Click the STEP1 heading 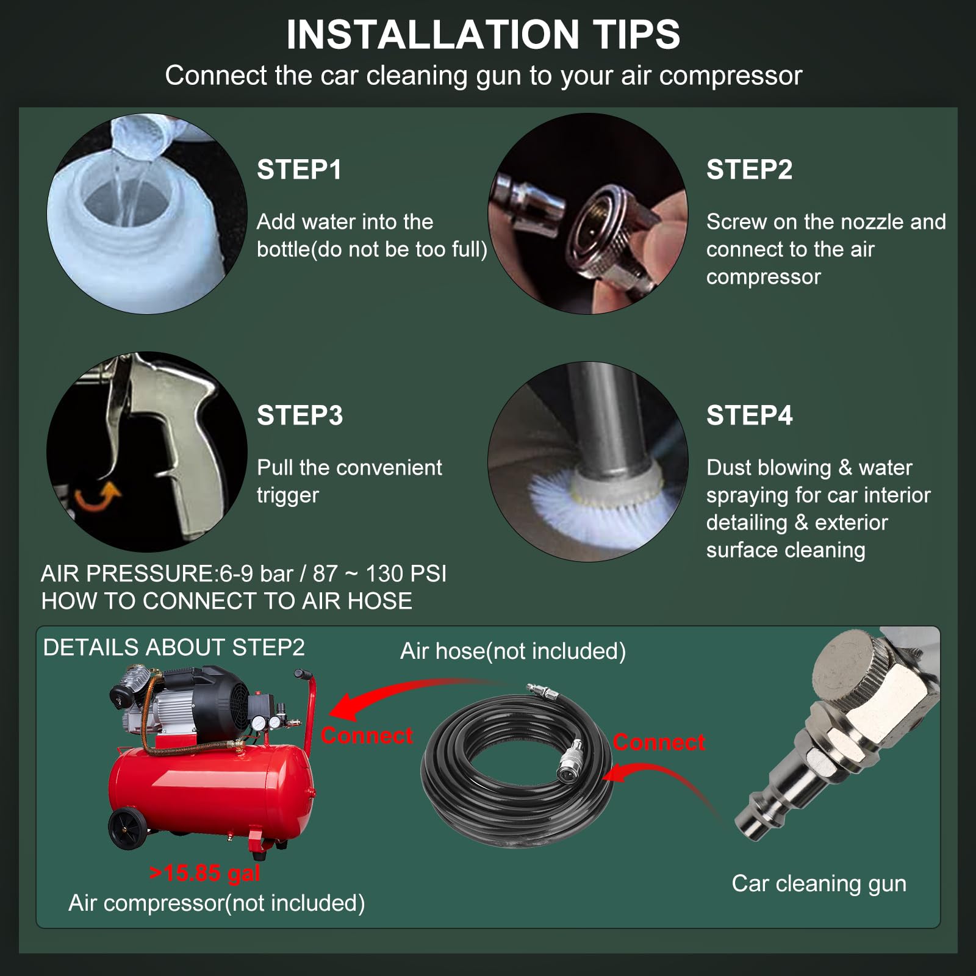click(x=299, y=170)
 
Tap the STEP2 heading click(x=749, y=170)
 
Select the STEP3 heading click(x=300, y=415)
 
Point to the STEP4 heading click(x=749, y=415)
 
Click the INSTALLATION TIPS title click(x=483, y=34)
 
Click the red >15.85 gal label click(x=205, y=873)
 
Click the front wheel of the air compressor click(x=128, y=828)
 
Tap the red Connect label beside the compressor click(x=367, y=736)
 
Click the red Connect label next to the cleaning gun click(x=659, y=742)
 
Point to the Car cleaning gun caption click(x=819, y=883)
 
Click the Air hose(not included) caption click(x=513, y=651)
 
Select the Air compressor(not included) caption click(x=217, y=903)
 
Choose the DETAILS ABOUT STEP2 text click(x=174, y=647)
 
